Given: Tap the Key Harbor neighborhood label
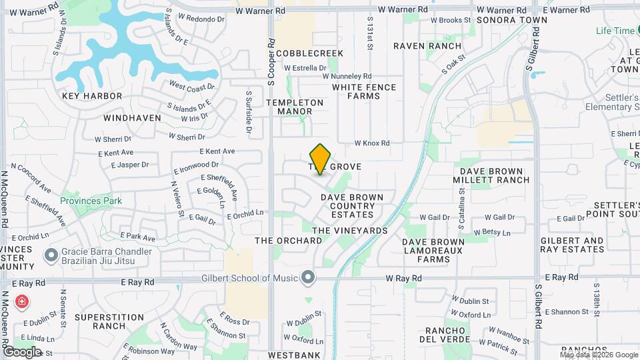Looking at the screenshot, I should click(92, 96).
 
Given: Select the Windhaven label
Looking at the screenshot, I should click(133, 118).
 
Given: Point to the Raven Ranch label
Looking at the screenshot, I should click(427, 46).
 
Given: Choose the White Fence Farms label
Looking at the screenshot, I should click(364, 91).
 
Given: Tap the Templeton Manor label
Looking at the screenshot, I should click(295, 107).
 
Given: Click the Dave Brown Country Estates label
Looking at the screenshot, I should click(352, 206).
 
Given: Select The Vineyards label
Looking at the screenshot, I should click(350, 230).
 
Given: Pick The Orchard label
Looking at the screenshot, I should click(288, 241).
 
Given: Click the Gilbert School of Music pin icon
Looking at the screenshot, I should click(307, 277).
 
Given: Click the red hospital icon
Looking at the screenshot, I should click(22, 302).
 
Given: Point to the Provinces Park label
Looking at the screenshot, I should click(91, 201).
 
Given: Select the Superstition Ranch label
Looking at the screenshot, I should click(100, 321).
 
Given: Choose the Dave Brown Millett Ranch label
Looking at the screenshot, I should click(491, 175).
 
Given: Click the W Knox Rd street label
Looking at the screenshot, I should click(371, 143).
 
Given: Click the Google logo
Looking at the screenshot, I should click(22, 351).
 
